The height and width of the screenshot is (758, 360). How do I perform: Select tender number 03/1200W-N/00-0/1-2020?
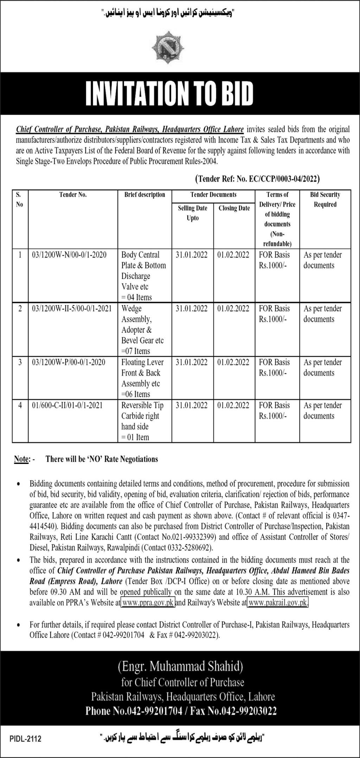coord(69,255)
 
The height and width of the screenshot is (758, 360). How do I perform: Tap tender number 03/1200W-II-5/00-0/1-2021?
coord(72,308)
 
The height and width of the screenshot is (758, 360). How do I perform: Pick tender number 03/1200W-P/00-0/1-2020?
coord(68,362)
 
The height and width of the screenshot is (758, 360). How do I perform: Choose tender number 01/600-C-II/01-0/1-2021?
coord(67,405)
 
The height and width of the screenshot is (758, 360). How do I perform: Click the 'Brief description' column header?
coord(144,195)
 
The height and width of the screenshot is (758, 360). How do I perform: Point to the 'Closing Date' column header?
coord(234,208)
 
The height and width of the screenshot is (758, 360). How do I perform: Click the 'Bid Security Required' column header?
coord(325,199)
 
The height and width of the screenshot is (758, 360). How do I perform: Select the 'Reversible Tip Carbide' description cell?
coord(142,421)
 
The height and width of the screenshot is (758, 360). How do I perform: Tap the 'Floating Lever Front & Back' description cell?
coord(142,378)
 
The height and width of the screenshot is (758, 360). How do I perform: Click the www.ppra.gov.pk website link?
coord(148,603)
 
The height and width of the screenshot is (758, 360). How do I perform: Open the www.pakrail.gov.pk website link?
coord(278,603)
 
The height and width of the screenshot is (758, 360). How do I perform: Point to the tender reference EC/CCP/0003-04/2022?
coord(257,179)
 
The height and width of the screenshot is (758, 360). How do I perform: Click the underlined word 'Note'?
coord(21,459)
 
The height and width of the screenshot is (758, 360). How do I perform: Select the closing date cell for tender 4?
coord(233,405)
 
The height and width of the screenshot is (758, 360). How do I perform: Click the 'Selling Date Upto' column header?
coord(192,213)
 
